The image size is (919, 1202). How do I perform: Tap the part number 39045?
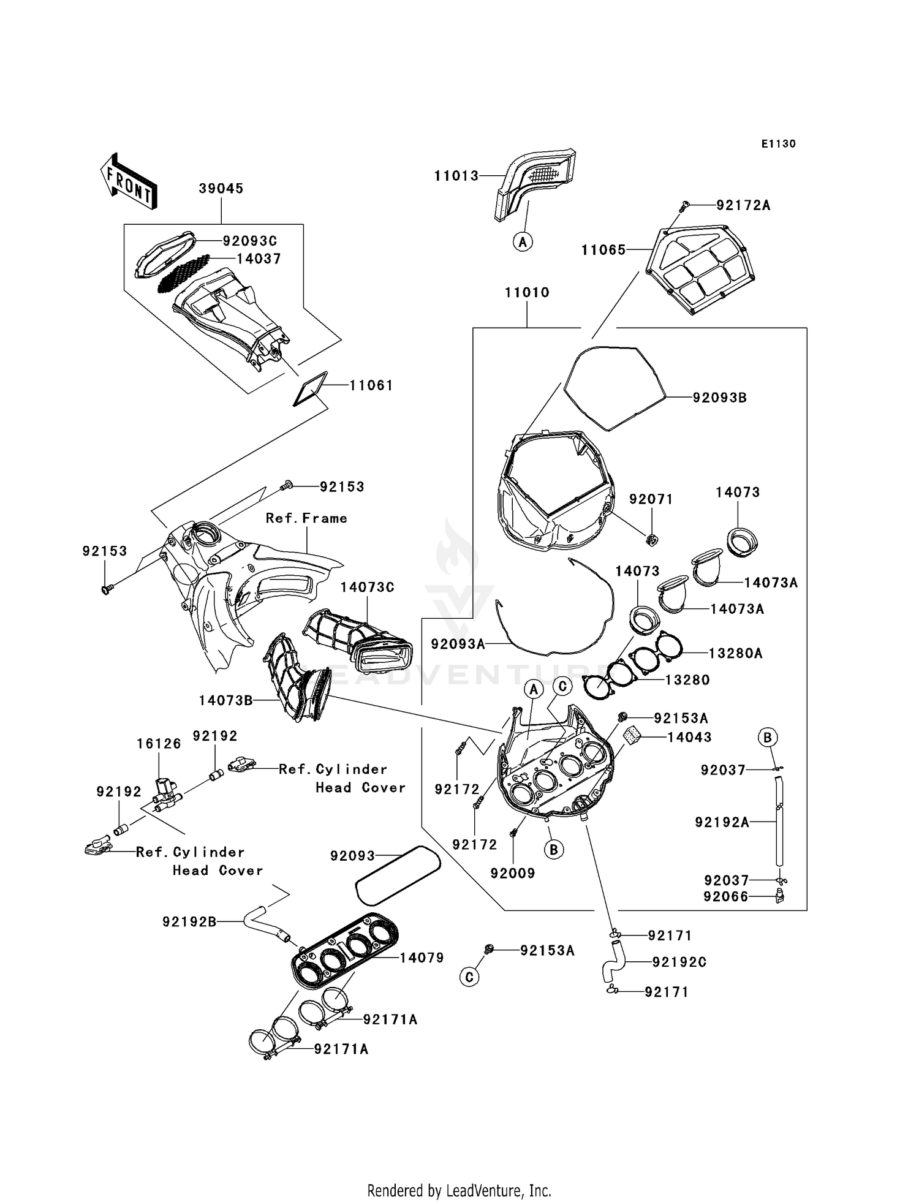221,189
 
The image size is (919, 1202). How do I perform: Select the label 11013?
456,176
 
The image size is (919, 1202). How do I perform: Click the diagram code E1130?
779,144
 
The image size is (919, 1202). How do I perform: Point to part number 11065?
603,250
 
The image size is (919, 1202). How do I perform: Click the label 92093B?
719,398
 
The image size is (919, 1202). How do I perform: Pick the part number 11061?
371,385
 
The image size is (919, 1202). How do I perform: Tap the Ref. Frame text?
306,518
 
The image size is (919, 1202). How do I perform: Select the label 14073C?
368,587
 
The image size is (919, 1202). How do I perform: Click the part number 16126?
159,744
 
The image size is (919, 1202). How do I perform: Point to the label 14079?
422,958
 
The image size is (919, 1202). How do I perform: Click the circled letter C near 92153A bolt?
469,977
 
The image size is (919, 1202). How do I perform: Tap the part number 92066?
726,897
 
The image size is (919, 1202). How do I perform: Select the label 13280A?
735,654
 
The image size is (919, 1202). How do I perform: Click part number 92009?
513,874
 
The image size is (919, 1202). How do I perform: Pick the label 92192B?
189,921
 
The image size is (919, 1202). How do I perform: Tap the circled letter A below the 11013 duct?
523,242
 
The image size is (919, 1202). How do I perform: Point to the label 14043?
689,738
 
